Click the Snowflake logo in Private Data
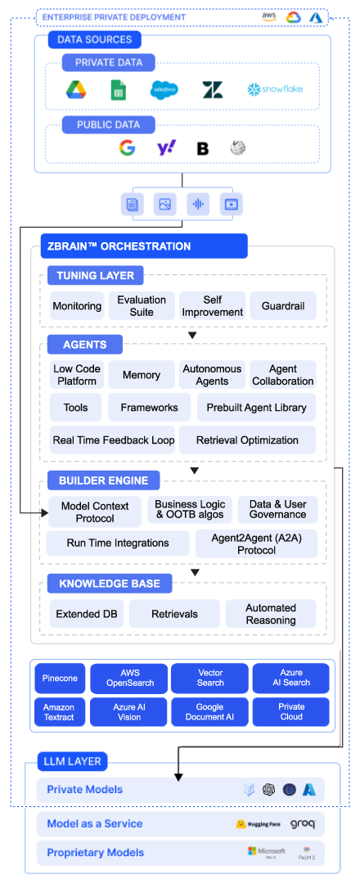(x=275, y=88)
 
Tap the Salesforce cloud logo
(x=164, y=89)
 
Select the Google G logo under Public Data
(x=127, y=148)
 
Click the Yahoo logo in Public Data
(x=166, y=148)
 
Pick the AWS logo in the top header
(x=269, y=17)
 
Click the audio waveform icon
(x=197, y=204)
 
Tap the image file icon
(x=164, y=204)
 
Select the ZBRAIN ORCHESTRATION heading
(x=144, y=246)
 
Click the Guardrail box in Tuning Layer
(x=283, y=306)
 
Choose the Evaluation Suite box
(x=142, y=306)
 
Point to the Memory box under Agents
(x=142, y=375)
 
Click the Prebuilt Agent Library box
(x=257, y=408)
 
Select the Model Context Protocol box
(x=94, y=512)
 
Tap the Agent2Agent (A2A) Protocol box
(x=255, y=543)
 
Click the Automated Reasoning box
(x=271, y=614)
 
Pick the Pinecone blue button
(x=60, y=679)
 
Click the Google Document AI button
(x=210, y=711)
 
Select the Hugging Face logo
(x=259, y=824)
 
